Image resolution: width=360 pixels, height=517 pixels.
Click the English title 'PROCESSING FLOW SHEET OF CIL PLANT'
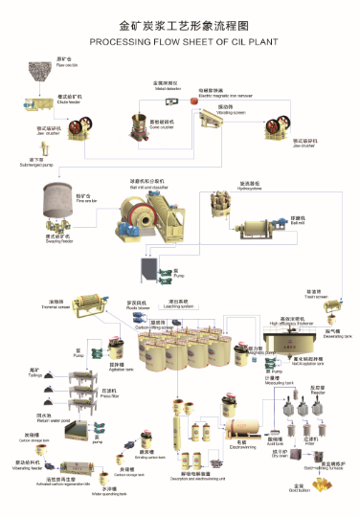180,43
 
